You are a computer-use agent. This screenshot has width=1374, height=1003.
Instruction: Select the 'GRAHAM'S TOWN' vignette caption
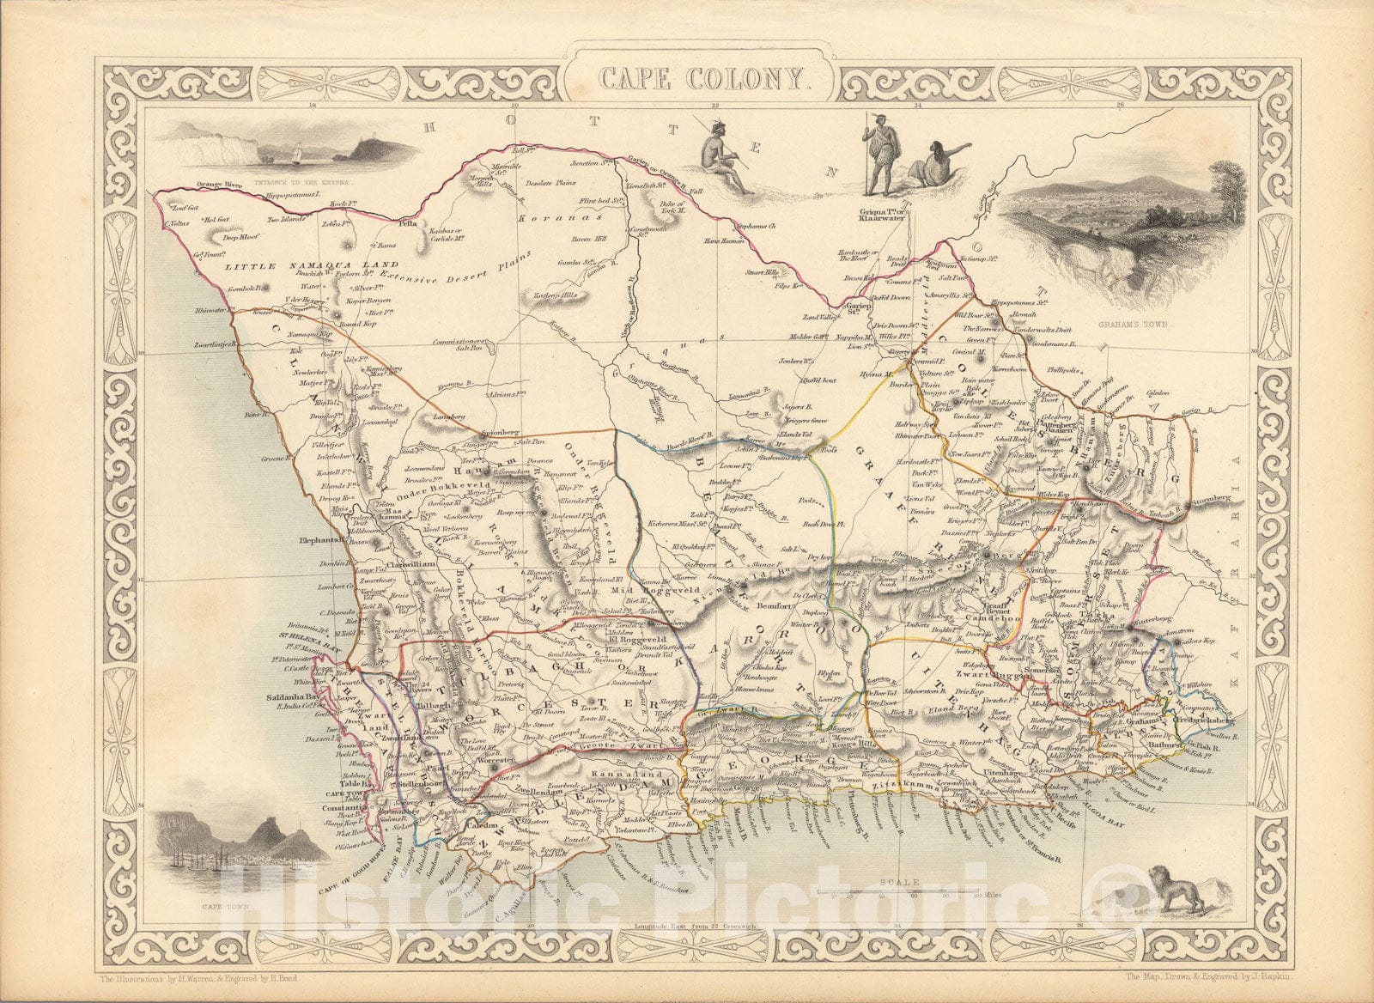coord(1141,325)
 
